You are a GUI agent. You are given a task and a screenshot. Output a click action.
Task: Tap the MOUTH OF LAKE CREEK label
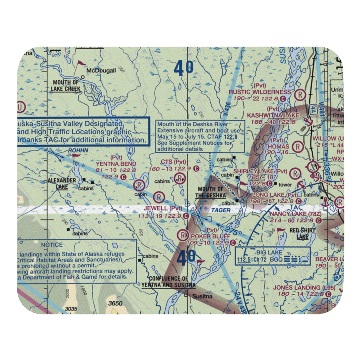click(x=66, y=86)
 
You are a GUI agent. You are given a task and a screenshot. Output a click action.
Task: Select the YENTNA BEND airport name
click(x=116, y=164)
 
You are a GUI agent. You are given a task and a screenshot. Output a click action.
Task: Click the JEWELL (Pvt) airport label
click(x=163, y=208)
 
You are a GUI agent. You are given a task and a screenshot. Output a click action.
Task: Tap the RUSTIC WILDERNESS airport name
click(x=260, y=92)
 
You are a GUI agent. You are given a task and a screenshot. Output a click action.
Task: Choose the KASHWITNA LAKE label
click(x=273, y=115)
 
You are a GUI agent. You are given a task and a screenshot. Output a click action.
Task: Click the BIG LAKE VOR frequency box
click(x=273, y=256)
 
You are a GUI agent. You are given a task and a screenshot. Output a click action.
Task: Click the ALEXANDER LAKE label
click(x=62, y=183)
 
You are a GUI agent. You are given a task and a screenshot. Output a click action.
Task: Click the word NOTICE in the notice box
click(x=52, y=245)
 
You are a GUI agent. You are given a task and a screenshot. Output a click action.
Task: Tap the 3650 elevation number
click(x=115, y=303)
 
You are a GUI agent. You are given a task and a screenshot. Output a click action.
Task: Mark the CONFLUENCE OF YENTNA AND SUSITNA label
click(x=169, y=282)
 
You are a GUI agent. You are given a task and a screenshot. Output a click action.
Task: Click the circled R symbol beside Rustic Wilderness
click(x=299, y=95)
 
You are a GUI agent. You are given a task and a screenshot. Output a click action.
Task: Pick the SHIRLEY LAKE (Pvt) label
click(x=261, y=171)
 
